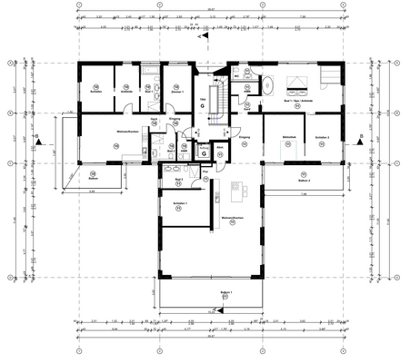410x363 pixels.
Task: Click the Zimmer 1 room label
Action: pyautogui.click(x=177, y=93)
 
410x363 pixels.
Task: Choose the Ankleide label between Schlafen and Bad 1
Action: pyautogui.click(x=127, y=93)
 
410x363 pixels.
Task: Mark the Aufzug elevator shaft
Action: pyautogui.click(x=205, y=152)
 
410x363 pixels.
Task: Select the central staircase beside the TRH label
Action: pyautogui.click(x=216, y=104)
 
